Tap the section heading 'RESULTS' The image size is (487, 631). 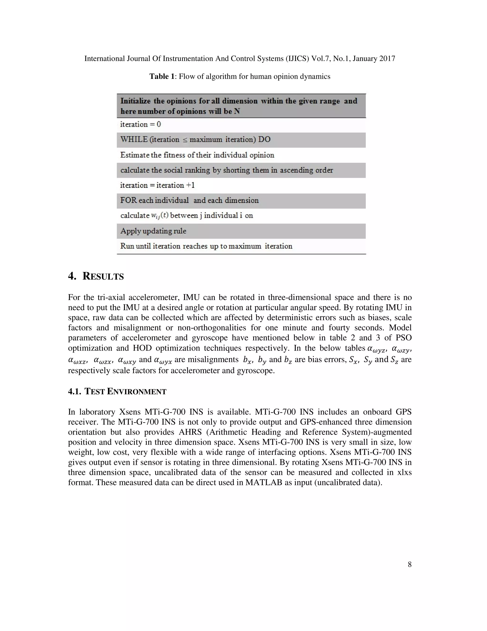tap(103, 276)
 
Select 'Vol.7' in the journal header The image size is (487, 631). tap(321, 59)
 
